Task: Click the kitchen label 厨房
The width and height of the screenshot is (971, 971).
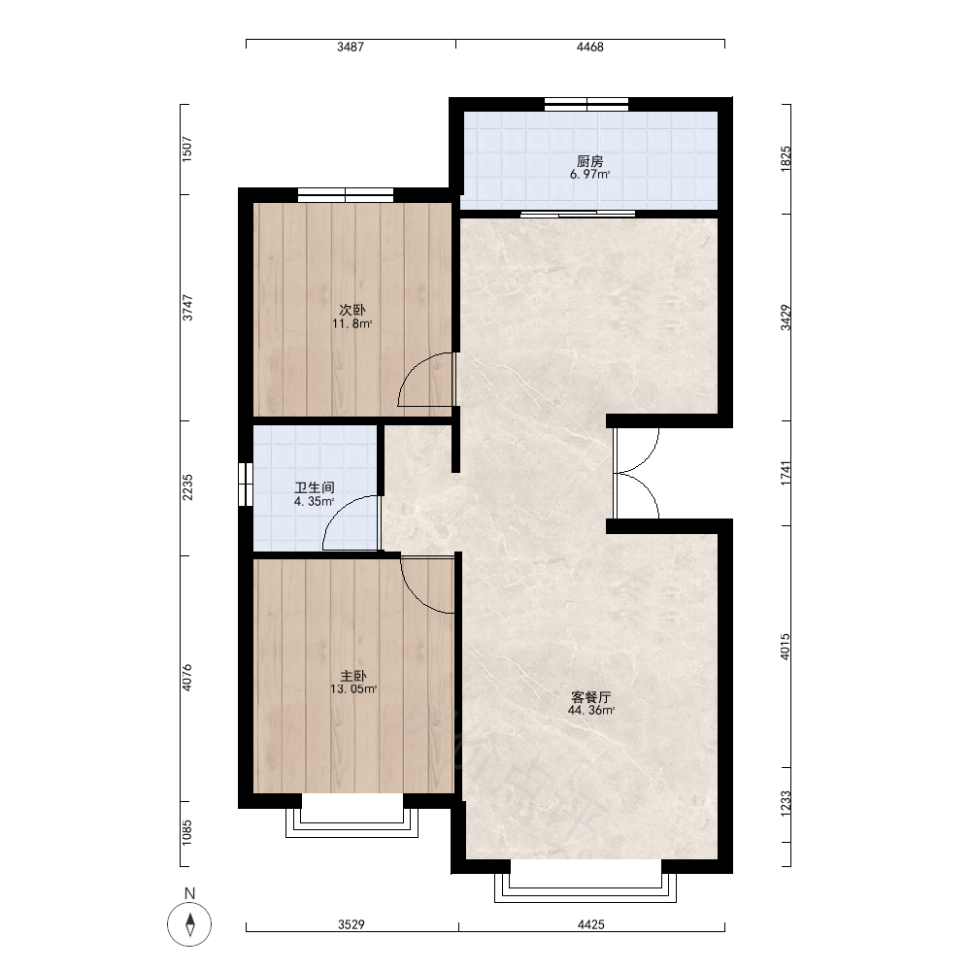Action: (589, 161)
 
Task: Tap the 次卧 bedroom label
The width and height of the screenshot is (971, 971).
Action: (352, 310)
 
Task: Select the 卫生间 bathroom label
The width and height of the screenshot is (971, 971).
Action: (315, 487)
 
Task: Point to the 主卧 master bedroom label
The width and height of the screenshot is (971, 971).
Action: (353, 676)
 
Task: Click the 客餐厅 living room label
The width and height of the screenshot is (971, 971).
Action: (590, 696)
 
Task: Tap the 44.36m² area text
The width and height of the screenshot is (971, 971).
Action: (590, 711)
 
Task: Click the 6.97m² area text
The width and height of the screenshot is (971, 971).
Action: (589, 175)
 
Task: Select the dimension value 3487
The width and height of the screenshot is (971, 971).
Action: (351, 47)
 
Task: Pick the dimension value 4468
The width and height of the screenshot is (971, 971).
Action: (589, 47)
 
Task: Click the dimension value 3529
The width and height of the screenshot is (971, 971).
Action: (352, 924)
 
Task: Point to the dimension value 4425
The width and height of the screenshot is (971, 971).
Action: (590, 924)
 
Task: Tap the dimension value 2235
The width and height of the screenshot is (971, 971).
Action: (187, 487)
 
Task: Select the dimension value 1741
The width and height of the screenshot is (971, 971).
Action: (786, 473)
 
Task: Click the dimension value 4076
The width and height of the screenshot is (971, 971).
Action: (187, 678)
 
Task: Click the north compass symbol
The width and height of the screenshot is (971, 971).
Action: (189, 924)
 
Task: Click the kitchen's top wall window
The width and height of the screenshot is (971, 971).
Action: (586, 105)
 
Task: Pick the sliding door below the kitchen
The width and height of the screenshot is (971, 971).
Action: (578, 215)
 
